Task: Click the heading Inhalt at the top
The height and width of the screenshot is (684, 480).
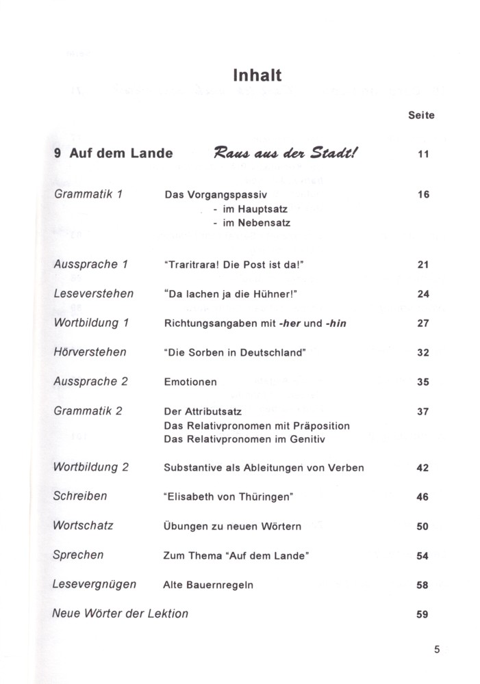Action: (x=257, y=74)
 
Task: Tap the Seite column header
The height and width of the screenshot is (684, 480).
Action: (x=421, y=116)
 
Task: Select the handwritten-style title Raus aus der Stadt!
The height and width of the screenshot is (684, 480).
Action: (x=286, y=153)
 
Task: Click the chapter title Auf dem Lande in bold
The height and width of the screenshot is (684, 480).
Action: (x=121, y=153)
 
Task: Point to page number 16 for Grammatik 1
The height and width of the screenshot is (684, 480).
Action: (x=422, y=195)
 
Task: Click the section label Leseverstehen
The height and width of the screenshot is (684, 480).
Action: (x=93, y=293)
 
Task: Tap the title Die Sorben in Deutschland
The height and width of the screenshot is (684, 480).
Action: (x=234, y=353)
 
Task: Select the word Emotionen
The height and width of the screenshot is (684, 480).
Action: (x=191, y=382)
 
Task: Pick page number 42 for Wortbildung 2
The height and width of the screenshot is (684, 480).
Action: (x=422, y=469)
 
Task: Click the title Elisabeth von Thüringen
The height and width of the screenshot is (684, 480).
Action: (x=229, y=497)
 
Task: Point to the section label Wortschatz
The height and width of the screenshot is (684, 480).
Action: (x=83, y=526)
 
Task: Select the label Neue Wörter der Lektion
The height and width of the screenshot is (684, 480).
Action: (x=121, y=614)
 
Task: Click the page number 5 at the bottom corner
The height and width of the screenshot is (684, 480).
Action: (x=437, y=650)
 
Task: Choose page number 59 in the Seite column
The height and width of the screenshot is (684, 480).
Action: (x=422, y=614)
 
